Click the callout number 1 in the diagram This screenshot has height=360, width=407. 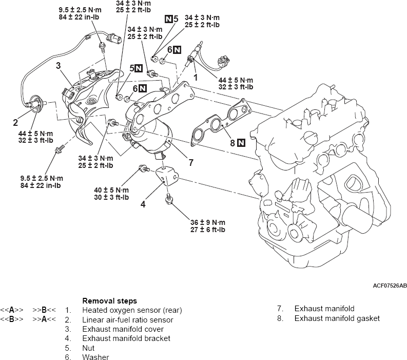[x=195, y=77]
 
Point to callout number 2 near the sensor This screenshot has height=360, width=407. [x=16, y=122]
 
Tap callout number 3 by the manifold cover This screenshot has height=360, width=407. [x=59, y=66]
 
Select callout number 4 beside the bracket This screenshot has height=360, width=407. [x=143, y=203]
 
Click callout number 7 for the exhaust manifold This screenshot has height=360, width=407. [x=190, y=163]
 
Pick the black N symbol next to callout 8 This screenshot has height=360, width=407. [x=241, y=143]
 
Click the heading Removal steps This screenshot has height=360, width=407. [x=109, y=300]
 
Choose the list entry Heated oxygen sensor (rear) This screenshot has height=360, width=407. [x=132, y=310]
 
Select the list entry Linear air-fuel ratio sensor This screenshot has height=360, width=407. [x=128, y=319]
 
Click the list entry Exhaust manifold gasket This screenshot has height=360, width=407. [x=337, y=318]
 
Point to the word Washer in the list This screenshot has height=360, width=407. [x=95, y=356]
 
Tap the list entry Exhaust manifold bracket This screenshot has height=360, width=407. [x=126, y=338]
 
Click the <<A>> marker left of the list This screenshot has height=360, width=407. [x=12, y=310]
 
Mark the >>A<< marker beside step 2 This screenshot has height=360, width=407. [x=45, y=319]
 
